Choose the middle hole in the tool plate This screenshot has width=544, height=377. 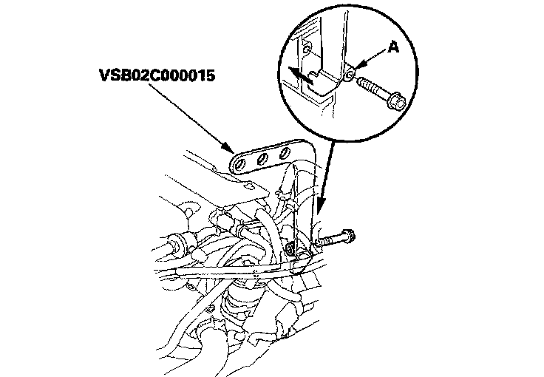(262, 157)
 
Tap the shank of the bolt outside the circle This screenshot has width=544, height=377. (330, 241)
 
